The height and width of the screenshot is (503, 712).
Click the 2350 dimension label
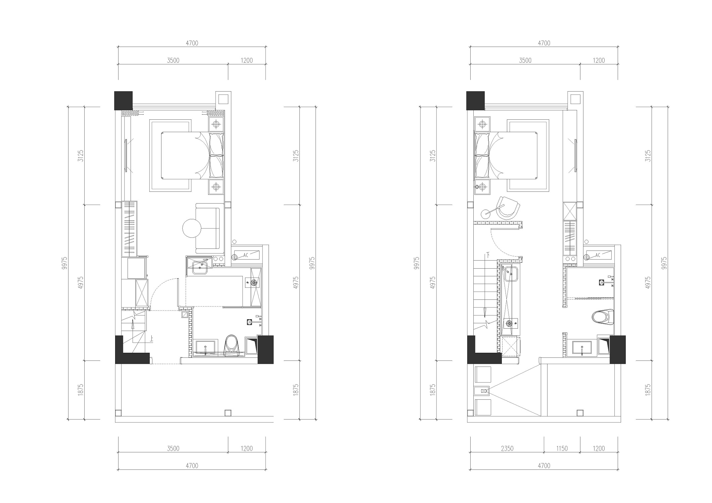pos(507,448)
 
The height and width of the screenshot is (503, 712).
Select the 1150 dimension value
pos(562,448)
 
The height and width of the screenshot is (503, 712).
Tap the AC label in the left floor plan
pos(245,256)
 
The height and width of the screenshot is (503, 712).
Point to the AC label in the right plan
pos(598,256)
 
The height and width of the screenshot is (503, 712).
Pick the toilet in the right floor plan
pos(603,317)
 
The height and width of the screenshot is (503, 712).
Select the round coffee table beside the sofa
pos(191,228)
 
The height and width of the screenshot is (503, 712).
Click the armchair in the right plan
pos(508,208)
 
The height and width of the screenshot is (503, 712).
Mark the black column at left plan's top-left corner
pos(124,101)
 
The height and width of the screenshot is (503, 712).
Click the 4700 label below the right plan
pos(544,466)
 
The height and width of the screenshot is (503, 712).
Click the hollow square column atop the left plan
pos(223,99)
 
